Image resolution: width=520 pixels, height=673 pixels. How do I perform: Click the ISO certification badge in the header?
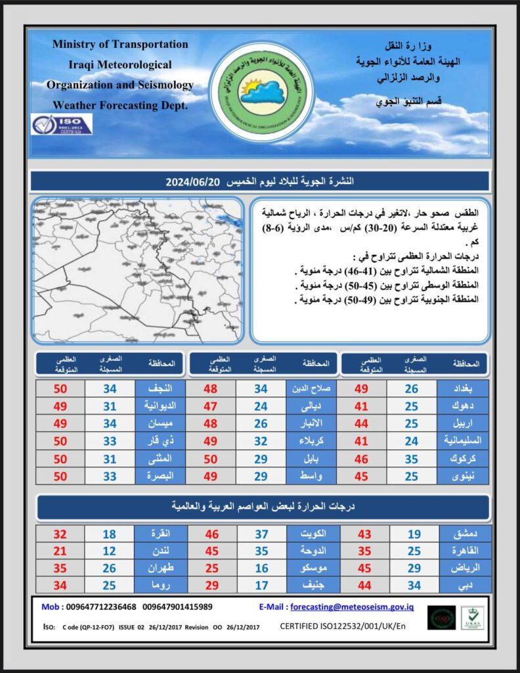coord(62,124)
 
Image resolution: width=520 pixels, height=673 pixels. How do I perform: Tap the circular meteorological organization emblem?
coord(261,91)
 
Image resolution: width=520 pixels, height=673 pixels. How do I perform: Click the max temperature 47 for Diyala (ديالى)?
coord(211,406)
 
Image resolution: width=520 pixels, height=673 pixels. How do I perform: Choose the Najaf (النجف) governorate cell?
coord(160,388)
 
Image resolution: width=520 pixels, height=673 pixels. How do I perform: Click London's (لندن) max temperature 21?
coord(60,550)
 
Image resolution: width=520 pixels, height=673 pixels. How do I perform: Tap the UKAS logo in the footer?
coord(472,618)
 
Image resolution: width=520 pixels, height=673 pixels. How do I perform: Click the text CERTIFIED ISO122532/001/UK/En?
coord(343,626)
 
